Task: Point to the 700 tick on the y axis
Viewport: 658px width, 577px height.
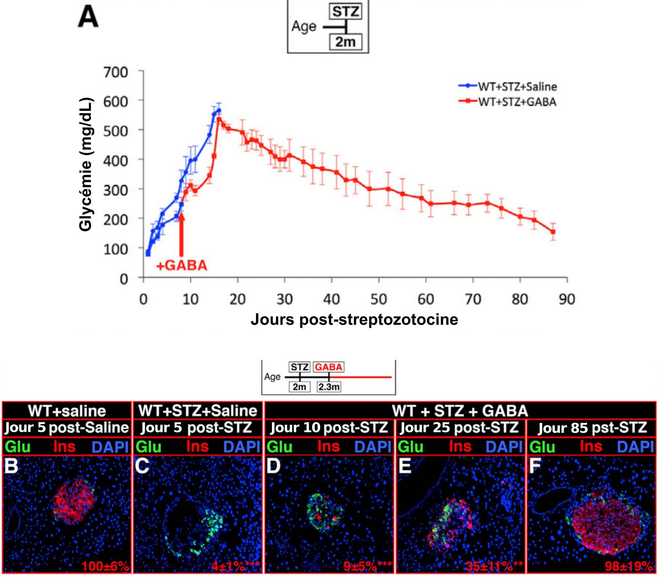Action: pyautogui.click(x=116, y=72)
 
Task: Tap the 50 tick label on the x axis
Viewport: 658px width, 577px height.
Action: pyautogui.click(x=378, y=299)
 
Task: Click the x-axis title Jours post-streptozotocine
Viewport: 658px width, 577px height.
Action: pyautogui.click(x=354, y=320)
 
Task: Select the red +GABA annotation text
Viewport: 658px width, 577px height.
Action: pyautogui.click(x=182, y=266)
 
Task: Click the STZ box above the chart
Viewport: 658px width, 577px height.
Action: pyautogui.click(x=345, y=12)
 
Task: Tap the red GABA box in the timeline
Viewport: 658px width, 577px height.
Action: pyautogui.click(x=328, y=367)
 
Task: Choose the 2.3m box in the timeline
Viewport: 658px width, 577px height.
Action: pyautogui.click(x=329, y=387)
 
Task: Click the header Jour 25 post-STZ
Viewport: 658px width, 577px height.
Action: pyautogui.click(x=459, y=428)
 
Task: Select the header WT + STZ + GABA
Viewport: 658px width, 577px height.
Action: pyautogui.click(x=460, y=411)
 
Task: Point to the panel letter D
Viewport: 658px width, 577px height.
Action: pyautogui.click(x=273, y=466)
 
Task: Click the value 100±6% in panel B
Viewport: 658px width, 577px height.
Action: pyautogui.click(x=105, y=566)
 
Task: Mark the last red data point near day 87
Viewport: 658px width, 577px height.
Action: pyautogui.click(x=553, y=232)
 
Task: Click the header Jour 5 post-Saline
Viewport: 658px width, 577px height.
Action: pyautogui.click(x=67, y=428)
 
